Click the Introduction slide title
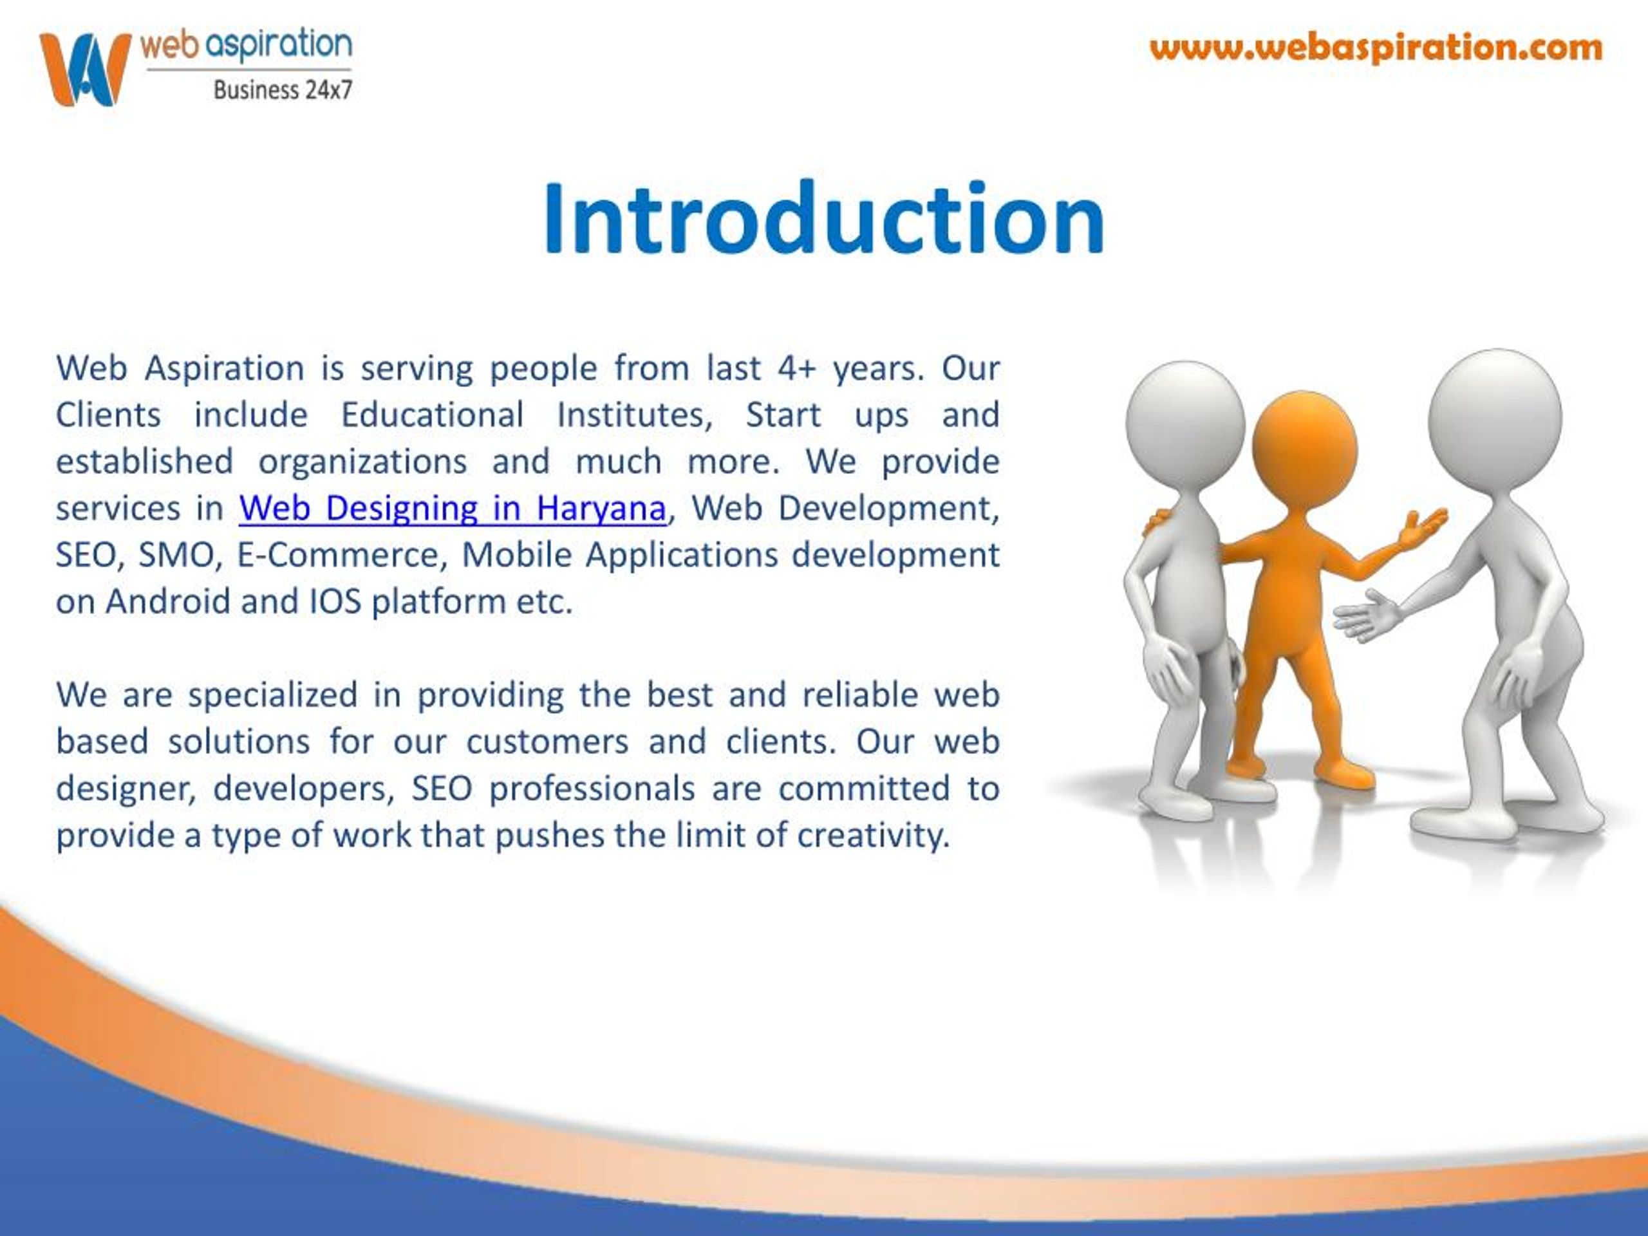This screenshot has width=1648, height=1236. [x=823, y=218]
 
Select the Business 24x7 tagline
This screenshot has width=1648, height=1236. [x=283, y=90]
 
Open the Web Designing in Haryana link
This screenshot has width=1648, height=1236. [x=452, y=508]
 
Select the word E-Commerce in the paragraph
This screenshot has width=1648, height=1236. [x=342, y=555]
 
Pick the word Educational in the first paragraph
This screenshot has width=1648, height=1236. [x=432, y=415]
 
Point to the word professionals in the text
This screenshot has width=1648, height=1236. [x=592, y=789]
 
